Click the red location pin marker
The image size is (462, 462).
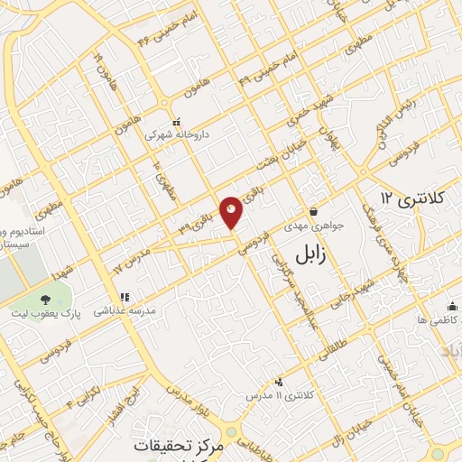[x=232, y=211]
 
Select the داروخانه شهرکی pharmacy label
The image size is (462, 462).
[x=178, y=134]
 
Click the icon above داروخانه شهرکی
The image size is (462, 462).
[x=177, y=120]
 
